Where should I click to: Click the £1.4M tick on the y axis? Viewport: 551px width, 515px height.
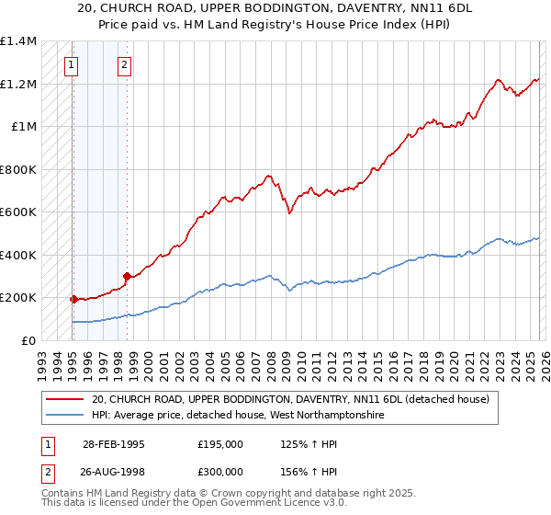pyautogui.click(x=18, y=42)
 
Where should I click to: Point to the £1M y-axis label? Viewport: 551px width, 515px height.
pyautogui.click(x=24, y=127)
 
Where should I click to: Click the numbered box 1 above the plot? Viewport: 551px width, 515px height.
pyautogui.click(x=72, y=65)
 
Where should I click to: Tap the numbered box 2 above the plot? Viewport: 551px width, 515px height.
pyautogui.click(x=124, y=65)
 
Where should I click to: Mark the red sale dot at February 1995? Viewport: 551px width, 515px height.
pyautogui.click(x=73, y=299)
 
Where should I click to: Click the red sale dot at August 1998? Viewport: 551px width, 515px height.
pyautogui.click(x=127, y=276)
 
